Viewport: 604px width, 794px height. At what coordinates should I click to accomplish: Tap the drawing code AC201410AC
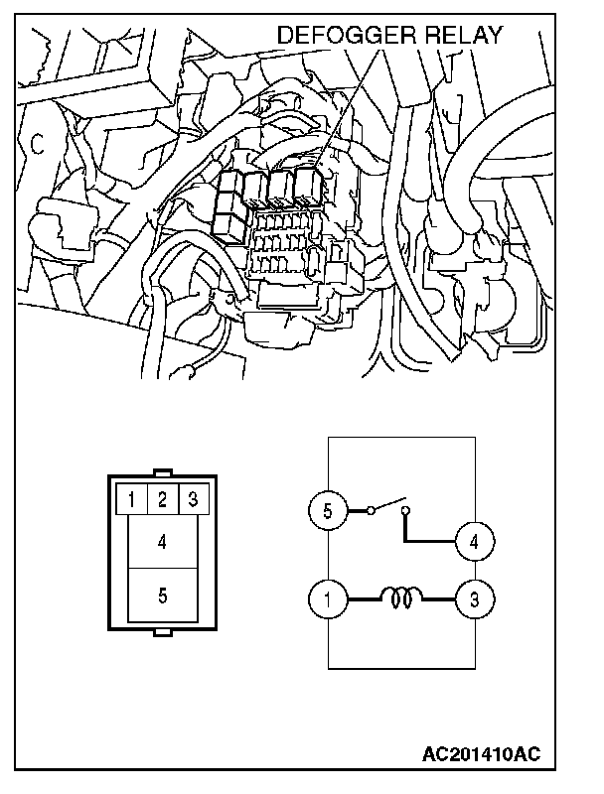tap(482, 754)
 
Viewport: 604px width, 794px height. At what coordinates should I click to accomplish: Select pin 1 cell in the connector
tap(132, 500)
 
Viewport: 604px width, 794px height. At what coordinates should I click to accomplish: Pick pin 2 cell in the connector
tap(162, 500)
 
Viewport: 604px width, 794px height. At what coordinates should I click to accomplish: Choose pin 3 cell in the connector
tap(193, 500)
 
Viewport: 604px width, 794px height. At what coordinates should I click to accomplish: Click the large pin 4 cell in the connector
tap(162, 541)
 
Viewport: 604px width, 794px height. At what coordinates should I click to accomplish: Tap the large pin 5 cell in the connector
tap(162, 595)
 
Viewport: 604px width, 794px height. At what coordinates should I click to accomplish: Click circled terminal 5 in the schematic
tap(328, 510)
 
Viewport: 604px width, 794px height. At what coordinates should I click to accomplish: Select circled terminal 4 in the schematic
tap(474, 542)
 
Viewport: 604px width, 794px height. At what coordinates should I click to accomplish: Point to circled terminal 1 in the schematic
tap(328, 599)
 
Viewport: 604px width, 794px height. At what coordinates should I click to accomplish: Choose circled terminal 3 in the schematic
tap(474, 599)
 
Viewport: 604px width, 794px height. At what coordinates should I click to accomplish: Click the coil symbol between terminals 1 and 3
tap(401, 597)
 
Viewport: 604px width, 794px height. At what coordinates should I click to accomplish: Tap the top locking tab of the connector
tap(163, 473)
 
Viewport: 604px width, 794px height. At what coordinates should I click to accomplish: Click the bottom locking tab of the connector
tap(163, 632)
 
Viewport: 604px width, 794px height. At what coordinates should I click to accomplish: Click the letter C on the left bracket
tap(37, 144)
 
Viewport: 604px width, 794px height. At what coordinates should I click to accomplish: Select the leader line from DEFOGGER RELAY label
tap(347, 105)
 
